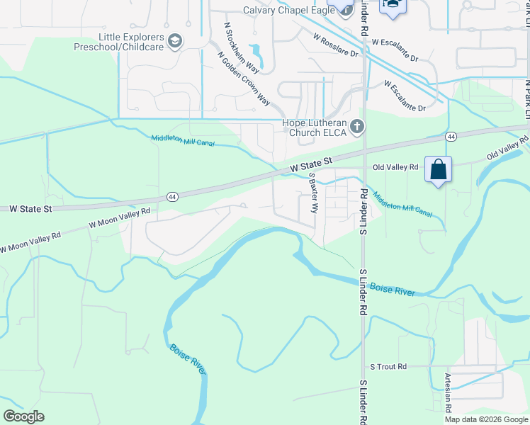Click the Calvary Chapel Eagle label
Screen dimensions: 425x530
pos(288,10)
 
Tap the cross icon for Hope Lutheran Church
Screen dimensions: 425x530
pos(357,127)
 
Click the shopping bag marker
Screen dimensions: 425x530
pos(439,170)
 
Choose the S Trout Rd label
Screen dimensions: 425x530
pos(388,367)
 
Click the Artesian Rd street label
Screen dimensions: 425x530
pos(448,393)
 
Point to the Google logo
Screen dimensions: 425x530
pos(23,416)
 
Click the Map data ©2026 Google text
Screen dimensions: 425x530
pos(487,419)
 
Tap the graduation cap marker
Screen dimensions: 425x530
pos(391,5)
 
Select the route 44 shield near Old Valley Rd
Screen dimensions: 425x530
pos(451,135)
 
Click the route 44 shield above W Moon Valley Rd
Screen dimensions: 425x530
pos(172,195)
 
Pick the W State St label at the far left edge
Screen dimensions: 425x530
pos(30,209)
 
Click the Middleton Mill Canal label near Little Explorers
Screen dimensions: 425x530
pos(183,140)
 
